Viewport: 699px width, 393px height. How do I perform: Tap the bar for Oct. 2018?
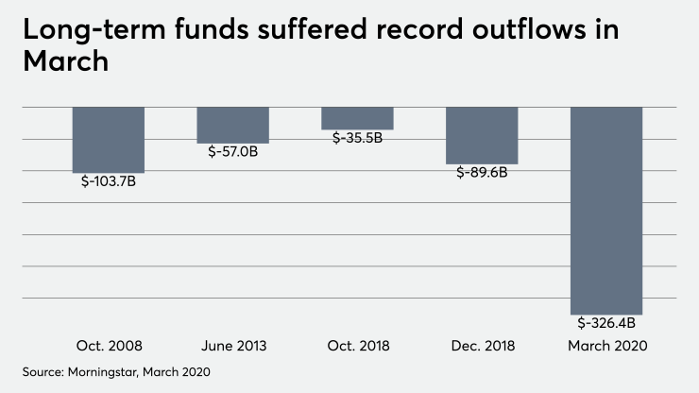pos(357,118)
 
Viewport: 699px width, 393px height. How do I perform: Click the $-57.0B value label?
pos(232,151)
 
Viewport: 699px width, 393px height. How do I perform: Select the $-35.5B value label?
pos(357,138)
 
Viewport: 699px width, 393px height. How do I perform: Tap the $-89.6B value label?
pos(482,172)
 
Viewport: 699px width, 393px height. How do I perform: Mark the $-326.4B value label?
pos(606,322)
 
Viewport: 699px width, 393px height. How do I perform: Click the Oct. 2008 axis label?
pos(109,347)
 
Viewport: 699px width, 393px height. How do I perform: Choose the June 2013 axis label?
pos(232,347)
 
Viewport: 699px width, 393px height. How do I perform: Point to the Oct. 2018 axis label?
pos(357,347)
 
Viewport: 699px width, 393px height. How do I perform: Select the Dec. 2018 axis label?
pos(482,347)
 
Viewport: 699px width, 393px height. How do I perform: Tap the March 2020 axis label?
pos(606,347)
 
